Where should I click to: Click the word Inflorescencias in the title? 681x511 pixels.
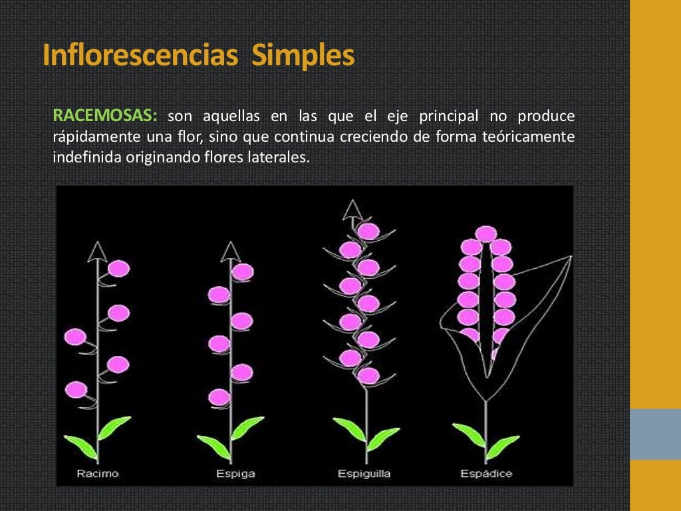140,56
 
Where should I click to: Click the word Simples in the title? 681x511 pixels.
303,56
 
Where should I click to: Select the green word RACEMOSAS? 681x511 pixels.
105,116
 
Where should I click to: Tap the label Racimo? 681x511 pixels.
98,474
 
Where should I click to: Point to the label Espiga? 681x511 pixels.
235,474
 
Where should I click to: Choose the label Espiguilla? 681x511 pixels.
364,474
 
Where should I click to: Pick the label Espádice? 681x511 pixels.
487,474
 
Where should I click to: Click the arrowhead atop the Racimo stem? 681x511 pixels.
98,251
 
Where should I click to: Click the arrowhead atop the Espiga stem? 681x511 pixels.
231,251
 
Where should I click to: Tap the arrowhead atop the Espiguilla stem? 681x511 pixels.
353,211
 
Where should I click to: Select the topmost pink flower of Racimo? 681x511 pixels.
119,268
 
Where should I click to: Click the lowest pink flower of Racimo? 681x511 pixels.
76,389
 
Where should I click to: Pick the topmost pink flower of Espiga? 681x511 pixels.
243,271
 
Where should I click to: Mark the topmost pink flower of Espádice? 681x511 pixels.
486,234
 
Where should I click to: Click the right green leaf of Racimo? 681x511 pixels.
114,426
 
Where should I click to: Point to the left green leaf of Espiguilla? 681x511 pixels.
348,428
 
